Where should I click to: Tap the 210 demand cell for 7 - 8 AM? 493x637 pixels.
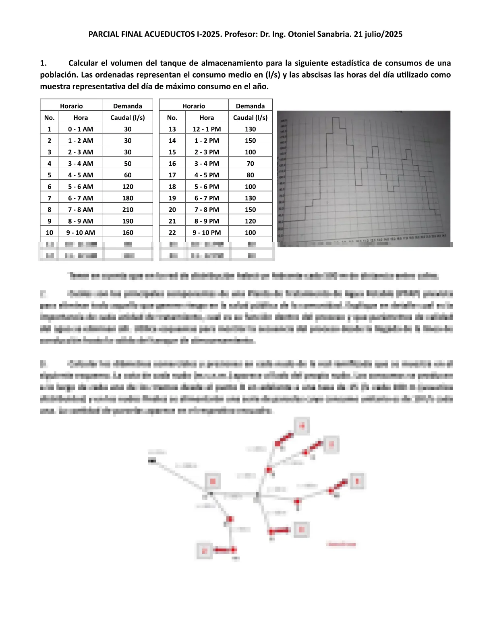(x=128, y=210)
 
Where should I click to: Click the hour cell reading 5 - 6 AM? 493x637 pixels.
(x=81, y=187)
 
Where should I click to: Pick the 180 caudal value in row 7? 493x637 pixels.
(x=128, y=198)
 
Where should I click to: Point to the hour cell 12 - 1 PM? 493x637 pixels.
(x=207, y=129)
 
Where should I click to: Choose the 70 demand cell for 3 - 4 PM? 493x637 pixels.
(x=250, y=164)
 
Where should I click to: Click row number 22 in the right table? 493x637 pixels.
(x=172, y=232)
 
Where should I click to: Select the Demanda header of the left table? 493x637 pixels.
(x=128, y=106)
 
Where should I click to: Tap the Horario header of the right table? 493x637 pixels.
(x=194, y=106)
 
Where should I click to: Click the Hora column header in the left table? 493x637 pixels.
(x=81, y=118)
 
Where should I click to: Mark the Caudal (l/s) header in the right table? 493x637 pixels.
(x=250, y=118)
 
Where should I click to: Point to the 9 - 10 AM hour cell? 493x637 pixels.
(x=81, y=232)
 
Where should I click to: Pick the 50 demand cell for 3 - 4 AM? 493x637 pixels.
(x=128, y=164)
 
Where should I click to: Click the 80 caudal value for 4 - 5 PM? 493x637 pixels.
(x=250, y=175)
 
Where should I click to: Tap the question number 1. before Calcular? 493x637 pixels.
(x=43, y=63)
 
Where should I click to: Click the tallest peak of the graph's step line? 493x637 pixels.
(x=335, y=117)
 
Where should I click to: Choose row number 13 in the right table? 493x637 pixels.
(x=172, y=129)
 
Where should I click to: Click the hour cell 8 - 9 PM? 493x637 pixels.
(x=207, y=221)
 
